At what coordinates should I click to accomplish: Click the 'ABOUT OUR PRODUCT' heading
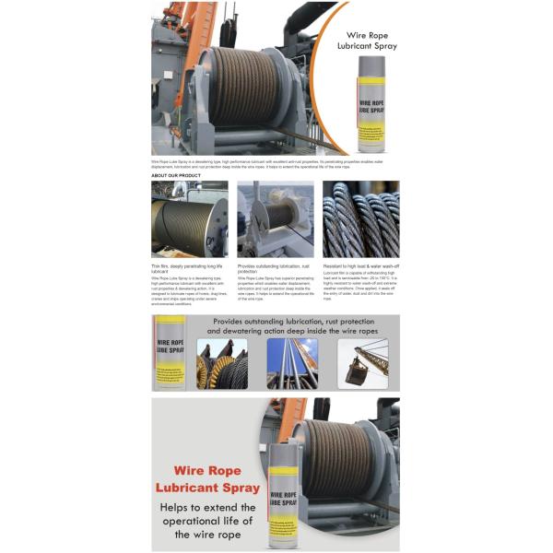(x=176, y=174)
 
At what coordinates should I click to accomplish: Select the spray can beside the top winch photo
(x=371, y=103)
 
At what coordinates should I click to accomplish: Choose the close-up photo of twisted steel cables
(x=360, y=218)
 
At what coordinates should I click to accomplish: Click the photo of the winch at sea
(x=275, y=218)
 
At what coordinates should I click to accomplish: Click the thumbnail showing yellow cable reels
(x=221, y=363)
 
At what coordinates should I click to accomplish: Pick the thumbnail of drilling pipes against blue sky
(x=291, y=363)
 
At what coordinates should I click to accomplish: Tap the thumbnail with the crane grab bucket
(x=362, y=363)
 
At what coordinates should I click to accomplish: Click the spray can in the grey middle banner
(x=171, y=354)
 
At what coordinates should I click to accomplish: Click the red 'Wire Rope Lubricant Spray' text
(x=207, y=478)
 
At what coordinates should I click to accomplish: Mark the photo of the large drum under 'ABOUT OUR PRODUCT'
(x=189, y=218)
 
